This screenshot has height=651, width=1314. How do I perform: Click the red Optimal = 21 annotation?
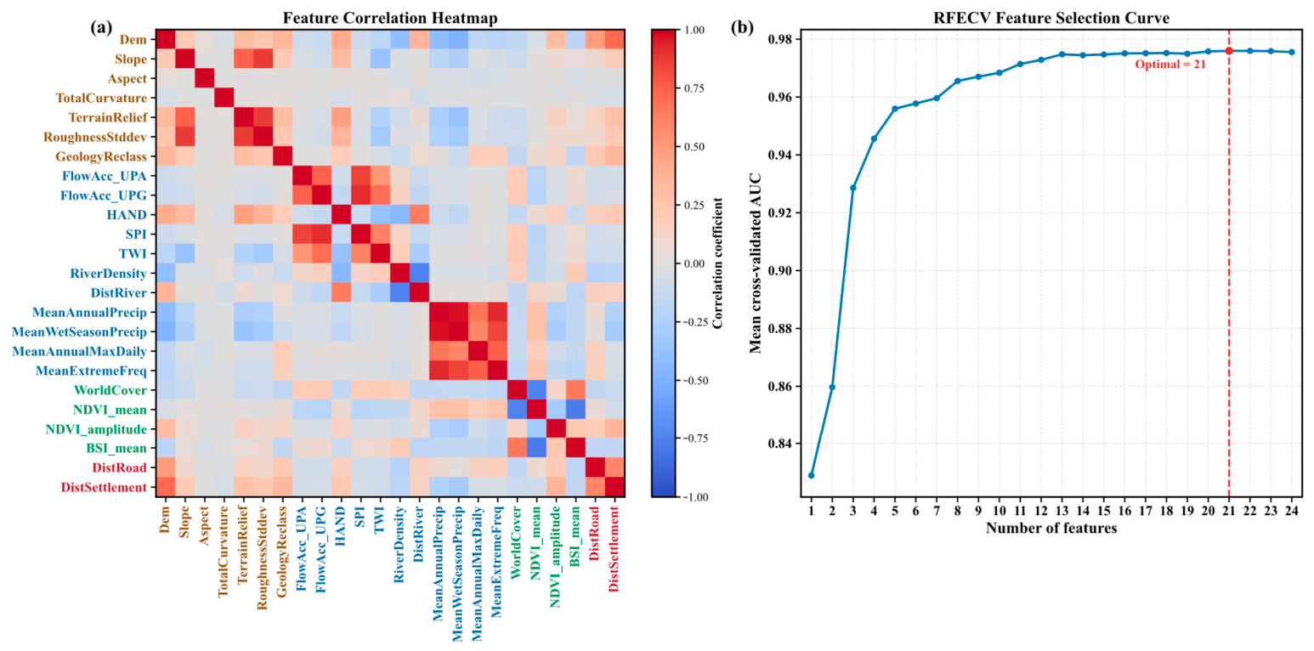pos(1170,65)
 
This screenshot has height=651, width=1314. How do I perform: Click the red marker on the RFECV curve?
pos(1229,51)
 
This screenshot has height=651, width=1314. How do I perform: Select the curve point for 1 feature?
pos(812,475)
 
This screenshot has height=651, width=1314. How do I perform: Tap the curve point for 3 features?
pos(853,188)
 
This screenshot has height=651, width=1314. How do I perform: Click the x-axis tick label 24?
pos(1291,511)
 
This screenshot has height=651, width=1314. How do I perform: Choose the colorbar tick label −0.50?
pos(696,380)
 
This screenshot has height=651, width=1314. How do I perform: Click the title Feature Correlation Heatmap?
pos(390,18)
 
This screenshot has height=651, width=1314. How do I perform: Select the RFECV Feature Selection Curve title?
pos(1051,18)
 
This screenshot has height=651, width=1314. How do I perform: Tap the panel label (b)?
pos(742,27)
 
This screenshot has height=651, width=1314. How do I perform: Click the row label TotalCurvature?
pos(101,98)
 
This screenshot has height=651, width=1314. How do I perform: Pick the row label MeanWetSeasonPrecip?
pos(79,332)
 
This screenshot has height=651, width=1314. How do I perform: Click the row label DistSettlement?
pos(104,487)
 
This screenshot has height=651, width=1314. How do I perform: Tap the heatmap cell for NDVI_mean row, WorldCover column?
pos(517,410)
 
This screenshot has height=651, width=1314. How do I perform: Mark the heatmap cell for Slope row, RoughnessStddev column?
pos(263,59)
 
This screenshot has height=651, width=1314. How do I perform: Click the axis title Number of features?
pos(1051,529)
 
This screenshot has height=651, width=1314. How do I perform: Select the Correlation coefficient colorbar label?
pos(717,263)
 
